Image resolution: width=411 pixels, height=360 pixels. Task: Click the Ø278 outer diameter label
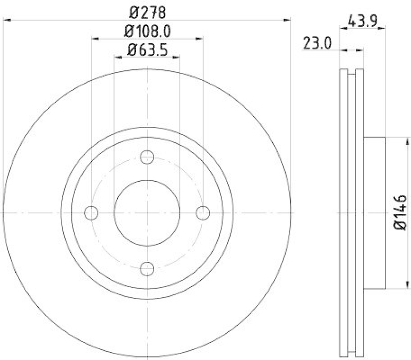(x=147, y=10)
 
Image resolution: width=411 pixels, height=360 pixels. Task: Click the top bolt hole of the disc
(x=147, y=157)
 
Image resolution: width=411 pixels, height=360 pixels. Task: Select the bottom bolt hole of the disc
(x=147, y=267)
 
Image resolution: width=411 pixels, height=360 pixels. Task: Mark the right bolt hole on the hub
(x=203, y=212)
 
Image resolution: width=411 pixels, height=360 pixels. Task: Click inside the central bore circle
(x=147, y=212)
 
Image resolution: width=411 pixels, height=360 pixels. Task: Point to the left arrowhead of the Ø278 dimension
(x=6, y=20)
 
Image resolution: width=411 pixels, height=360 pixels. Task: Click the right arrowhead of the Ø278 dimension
(x=288, y=20)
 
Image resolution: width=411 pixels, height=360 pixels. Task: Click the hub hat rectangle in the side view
(x=374, y=212)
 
